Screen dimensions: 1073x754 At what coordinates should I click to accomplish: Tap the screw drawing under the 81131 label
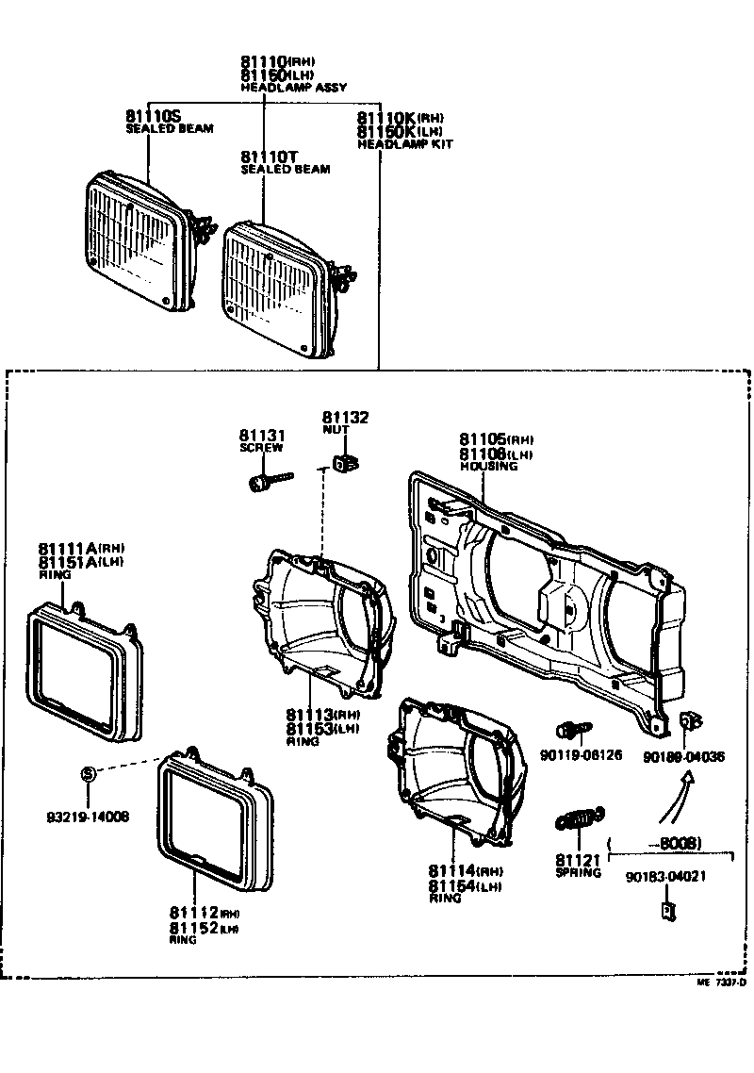click(267, 484)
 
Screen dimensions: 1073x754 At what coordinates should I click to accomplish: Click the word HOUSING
click(488, 466)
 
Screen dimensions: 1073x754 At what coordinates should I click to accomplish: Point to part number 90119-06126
click(582, 755)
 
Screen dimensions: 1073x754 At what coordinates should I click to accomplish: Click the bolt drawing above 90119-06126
click(574, 730)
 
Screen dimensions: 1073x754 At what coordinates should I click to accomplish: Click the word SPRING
click(578, 873)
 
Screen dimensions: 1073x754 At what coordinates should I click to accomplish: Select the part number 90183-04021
click(665, 876)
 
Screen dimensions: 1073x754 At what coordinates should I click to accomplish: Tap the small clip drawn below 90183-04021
click(666, 912)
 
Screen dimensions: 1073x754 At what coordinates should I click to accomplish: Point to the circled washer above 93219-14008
click(87, 773)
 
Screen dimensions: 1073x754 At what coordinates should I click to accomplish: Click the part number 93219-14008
click(89, 816)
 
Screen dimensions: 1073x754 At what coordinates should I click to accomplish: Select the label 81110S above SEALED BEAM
click(153, 115)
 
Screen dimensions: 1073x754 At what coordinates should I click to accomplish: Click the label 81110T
click(270, 156)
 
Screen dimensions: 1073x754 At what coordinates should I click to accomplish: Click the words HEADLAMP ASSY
click(293, 88)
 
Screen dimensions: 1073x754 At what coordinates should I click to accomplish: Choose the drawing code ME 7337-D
click(721, 982)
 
